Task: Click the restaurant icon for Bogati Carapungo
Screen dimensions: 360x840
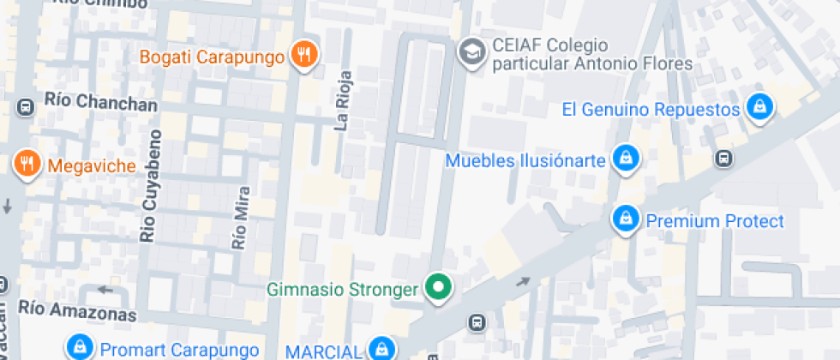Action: coord(304,57)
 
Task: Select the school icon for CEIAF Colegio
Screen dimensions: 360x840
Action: coord(470,53)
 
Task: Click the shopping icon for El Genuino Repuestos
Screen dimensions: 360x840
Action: coord(759,108)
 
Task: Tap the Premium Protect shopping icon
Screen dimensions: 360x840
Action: coord(626,220)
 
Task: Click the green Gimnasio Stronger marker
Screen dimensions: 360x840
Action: coord(440,288)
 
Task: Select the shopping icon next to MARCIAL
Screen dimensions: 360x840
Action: coord(381,349)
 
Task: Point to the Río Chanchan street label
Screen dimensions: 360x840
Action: coord(100,103)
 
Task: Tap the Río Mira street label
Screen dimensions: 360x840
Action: coord(239,218)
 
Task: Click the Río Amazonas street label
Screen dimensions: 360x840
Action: coord(77,309)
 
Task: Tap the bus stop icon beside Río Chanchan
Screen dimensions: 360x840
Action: coord(26,108)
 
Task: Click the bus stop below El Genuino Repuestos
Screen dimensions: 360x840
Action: coord(724,159)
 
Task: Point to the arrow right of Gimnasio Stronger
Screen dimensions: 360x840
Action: coord(523,282)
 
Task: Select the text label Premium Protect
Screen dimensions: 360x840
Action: coord(714,221)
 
